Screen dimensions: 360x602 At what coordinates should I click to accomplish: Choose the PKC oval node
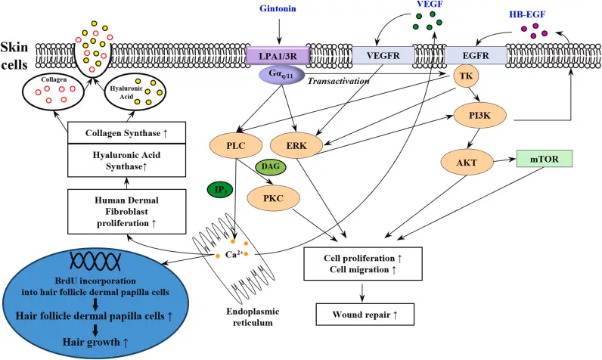tap(274, 197)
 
